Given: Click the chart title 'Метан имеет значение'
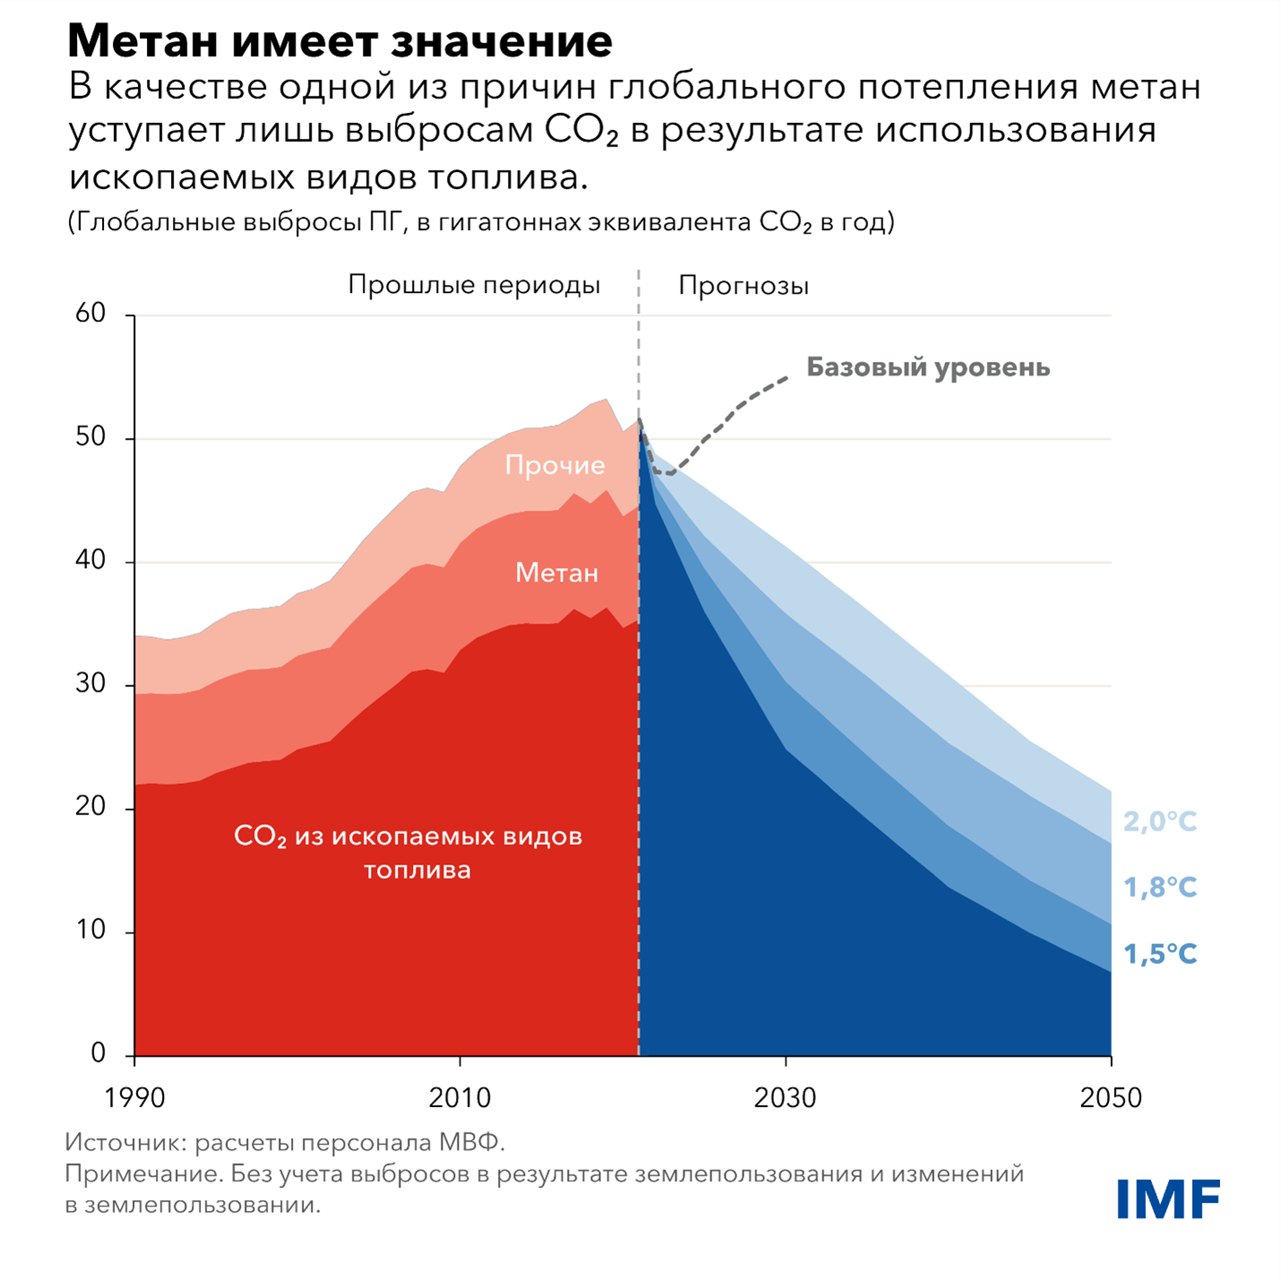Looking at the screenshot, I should (340, 41).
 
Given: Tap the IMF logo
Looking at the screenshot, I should (1168, 1199).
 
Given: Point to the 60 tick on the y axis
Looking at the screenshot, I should (91, 314).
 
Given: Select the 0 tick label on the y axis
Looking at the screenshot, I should (99, 1053).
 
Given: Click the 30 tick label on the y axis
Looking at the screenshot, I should (91, 683).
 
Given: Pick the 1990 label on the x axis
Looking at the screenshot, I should (134, 1098).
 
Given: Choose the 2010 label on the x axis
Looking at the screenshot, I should (460, 1098).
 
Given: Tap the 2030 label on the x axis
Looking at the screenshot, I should (785, 1098).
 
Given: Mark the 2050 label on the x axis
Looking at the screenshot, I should (1111, 1098).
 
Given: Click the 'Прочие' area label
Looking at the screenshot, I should (555, 465).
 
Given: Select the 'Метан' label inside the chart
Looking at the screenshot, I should (556, 573).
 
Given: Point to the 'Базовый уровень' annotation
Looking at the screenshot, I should (928, 367).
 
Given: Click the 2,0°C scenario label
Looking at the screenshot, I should (1160, 821).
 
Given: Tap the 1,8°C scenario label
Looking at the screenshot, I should (1160, 888).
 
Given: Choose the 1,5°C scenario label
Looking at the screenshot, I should (1160, 954).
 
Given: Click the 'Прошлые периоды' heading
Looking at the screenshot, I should (474, 286).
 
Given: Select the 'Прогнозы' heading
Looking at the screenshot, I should (744, 286).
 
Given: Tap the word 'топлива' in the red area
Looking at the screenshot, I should (417, 870).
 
